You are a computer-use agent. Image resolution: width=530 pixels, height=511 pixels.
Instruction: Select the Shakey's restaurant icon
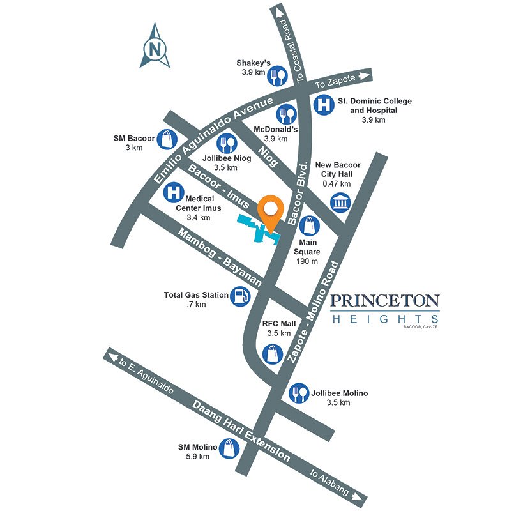click(276, 77)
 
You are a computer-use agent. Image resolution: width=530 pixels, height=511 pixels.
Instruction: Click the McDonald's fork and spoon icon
click(287, 116)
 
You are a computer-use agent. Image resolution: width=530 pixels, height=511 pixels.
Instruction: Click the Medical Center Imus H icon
click(172, 192)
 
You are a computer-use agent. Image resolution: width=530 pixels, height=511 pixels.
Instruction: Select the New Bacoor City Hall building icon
click(340, 203)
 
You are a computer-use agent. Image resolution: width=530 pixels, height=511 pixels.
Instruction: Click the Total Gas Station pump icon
click(240, 296)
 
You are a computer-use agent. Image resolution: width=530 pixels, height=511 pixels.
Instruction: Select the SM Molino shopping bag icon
click(229, 448)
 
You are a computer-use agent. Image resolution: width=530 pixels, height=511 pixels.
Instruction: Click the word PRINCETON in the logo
click(385, 300)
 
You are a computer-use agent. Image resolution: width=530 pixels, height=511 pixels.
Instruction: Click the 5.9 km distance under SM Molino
click(198, 457)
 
